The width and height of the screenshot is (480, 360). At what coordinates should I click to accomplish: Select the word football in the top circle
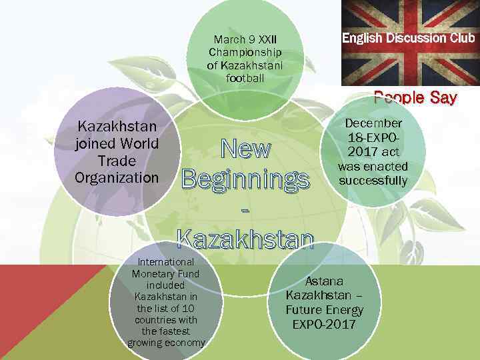coord(245,78)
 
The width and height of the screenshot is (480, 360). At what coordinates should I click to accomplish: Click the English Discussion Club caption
coord(409,38)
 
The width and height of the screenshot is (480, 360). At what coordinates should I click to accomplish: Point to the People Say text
coord(415,98)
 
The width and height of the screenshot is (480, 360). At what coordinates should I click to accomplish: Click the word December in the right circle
coord(373,123)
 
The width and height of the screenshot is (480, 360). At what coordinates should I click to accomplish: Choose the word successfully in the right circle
coord(373,181)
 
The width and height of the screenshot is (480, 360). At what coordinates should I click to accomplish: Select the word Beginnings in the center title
coord(245,179)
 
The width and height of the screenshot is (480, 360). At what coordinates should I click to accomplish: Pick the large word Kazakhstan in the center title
coord(245,237)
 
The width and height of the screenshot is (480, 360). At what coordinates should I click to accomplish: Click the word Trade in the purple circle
coord(117,161)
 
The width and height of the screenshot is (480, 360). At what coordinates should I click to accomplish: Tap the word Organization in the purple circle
coord(117,178)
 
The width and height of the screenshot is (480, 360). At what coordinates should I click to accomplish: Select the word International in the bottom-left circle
coord(166,262)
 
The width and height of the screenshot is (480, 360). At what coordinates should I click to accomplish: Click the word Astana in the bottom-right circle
coord(324,281)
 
